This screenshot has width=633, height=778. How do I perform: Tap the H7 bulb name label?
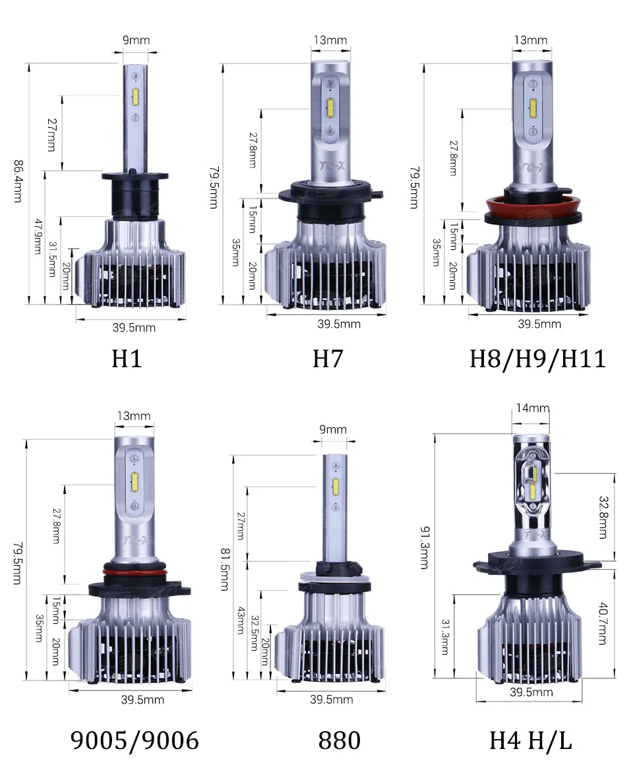click(x=328, y=359)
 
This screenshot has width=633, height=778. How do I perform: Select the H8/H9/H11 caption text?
click(x=537, y=359)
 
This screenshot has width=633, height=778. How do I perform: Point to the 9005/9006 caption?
click(x=135, y=740)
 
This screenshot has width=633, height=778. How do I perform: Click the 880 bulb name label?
click(x=340, y=740)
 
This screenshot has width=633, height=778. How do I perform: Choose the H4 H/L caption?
click(x=530, y=740)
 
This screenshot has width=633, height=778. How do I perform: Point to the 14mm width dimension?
click(x=532, y=408)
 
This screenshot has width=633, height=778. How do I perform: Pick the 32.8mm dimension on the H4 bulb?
click(x=602, y=517)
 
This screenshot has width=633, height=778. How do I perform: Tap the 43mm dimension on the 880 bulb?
click(x=240, y=620)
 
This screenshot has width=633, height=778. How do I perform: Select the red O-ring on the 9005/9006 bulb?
click(x=133, y=572)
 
